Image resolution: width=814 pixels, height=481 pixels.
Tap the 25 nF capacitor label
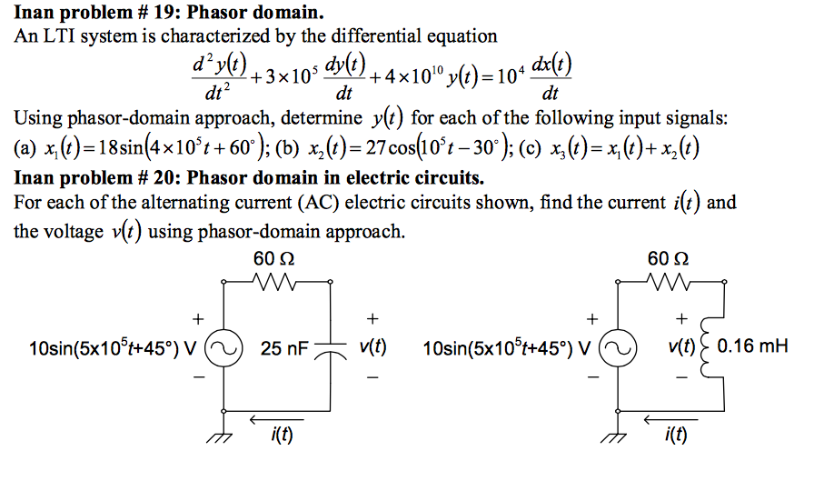[284, 346]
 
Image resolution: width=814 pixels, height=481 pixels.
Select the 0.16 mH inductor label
[752, 346]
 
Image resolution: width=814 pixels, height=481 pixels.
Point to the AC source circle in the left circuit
[223, 347]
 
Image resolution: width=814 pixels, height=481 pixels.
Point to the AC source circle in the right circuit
[618, 347]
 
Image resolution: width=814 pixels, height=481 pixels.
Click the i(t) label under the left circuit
[279, 439]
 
